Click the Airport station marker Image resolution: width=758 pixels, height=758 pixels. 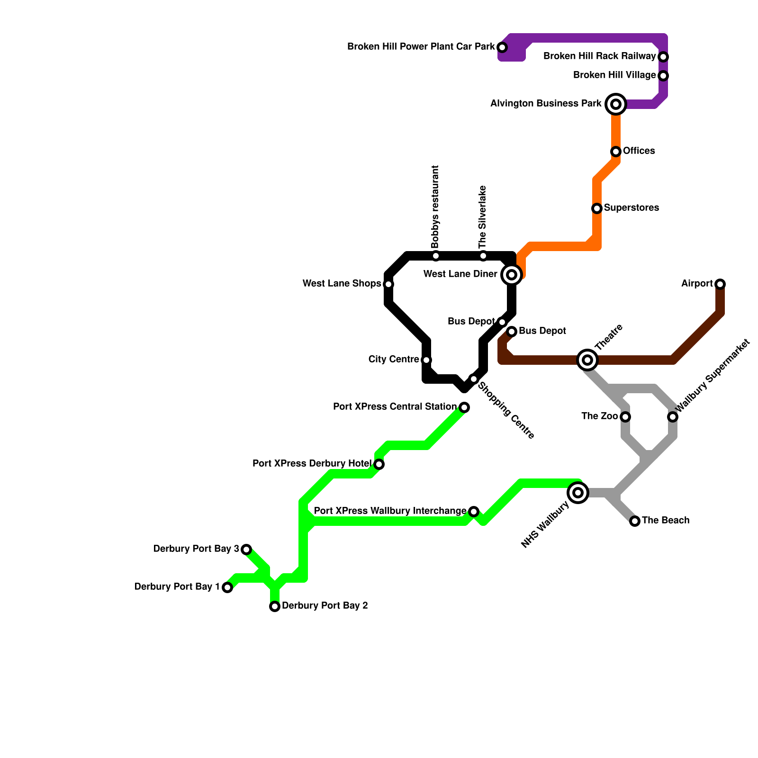pos(720,284)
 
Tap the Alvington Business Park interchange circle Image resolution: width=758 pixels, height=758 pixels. pos(616,104)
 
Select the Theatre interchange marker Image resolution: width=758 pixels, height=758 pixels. pos(587,360)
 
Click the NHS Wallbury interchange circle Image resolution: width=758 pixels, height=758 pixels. pos(578,493)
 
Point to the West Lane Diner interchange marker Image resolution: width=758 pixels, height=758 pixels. pos(512,275)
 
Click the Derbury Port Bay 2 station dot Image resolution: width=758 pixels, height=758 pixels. pos(275,606)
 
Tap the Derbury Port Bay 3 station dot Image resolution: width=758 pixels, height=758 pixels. pos(246,550)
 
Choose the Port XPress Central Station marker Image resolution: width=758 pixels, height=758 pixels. pos(464,407)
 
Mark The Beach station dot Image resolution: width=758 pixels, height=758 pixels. pos(635,521)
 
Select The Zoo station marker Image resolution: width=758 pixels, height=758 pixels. pos(625,417)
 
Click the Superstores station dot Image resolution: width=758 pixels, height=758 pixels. pos(597,208)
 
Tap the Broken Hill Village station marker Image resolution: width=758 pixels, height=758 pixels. pos(663,76)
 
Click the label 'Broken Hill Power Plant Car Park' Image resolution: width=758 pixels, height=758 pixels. pos(421,47)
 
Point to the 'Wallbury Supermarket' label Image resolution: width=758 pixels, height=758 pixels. pos(713,375)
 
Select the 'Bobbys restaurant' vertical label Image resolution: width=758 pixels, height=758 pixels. pos(435,207)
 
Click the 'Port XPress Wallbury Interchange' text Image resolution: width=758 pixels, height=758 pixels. pos(390,511)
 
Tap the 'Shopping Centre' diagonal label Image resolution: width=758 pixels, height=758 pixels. pos(505,410)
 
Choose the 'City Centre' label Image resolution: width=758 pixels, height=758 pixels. pos(393,360)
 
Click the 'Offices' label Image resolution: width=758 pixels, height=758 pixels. pos(639,151)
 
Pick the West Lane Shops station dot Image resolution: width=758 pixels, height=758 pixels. pos(388,284)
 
